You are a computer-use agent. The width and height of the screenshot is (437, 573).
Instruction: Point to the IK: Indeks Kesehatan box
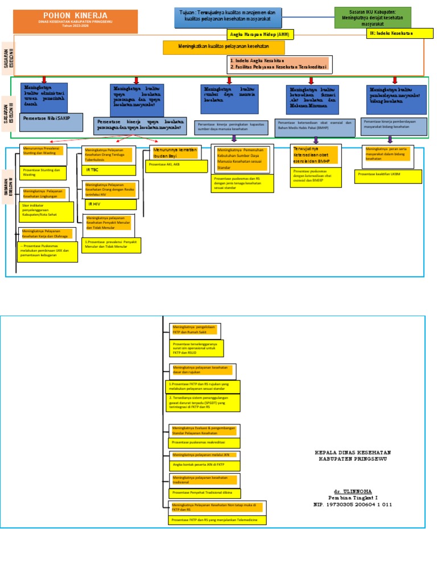tap(397, 34)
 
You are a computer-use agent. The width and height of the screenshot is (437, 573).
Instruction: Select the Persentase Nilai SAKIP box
tap(51, 122)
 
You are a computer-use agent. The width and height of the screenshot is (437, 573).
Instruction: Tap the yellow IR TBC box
tap(108, 170)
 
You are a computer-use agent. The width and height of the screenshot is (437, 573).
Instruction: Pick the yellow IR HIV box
tap(108, 204)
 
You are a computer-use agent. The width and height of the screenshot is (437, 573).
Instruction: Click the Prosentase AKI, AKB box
tap(176, 165)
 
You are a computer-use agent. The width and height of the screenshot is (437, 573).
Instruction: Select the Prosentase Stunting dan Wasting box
tap(43, 173)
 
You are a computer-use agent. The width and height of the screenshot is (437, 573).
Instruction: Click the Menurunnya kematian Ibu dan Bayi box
tap(175, 152)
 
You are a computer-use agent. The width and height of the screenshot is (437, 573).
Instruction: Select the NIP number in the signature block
tap(353, 504)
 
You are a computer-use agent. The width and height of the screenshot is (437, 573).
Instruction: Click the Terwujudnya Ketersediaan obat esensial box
tap(307, 155)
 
